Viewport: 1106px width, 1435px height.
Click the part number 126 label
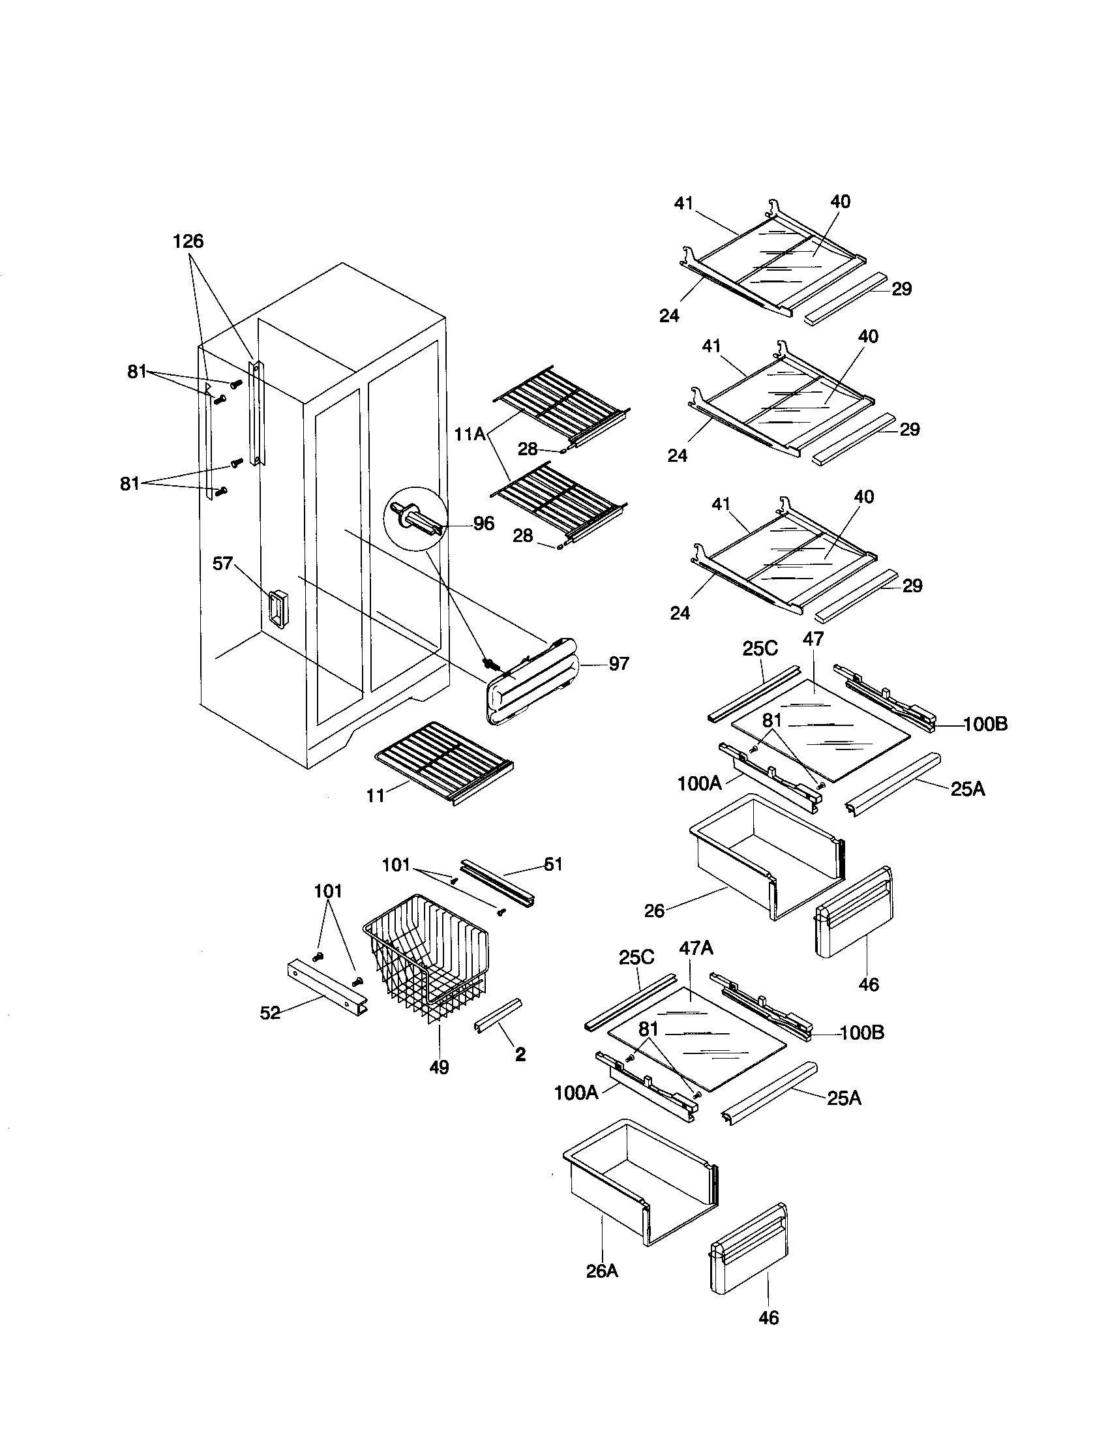point(188,241)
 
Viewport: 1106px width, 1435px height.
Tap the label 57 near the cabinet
point(222,563)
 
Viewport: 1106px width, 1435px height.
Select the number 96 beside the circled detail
point(483,523)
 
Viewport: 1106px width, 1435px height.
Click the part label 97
point(618,663)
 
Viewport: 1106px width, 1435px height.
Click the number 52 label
point(270,1012)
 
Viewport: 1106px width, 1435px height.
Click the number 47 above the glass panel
point(813,639)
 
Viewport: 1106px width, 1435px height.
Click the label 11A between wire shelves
point(470,434)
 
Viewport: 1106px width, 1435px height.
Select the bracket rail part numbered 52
point(327,986)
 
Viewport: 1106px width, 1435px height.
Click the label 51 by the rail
point(554,864)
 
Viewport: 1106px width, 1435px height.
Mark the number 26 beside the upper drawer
point(654,910)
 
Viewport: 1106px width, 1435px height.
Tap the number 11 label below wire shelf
point(375,796)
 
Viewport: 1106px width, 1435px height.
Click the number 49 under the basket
point(439,1068)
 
